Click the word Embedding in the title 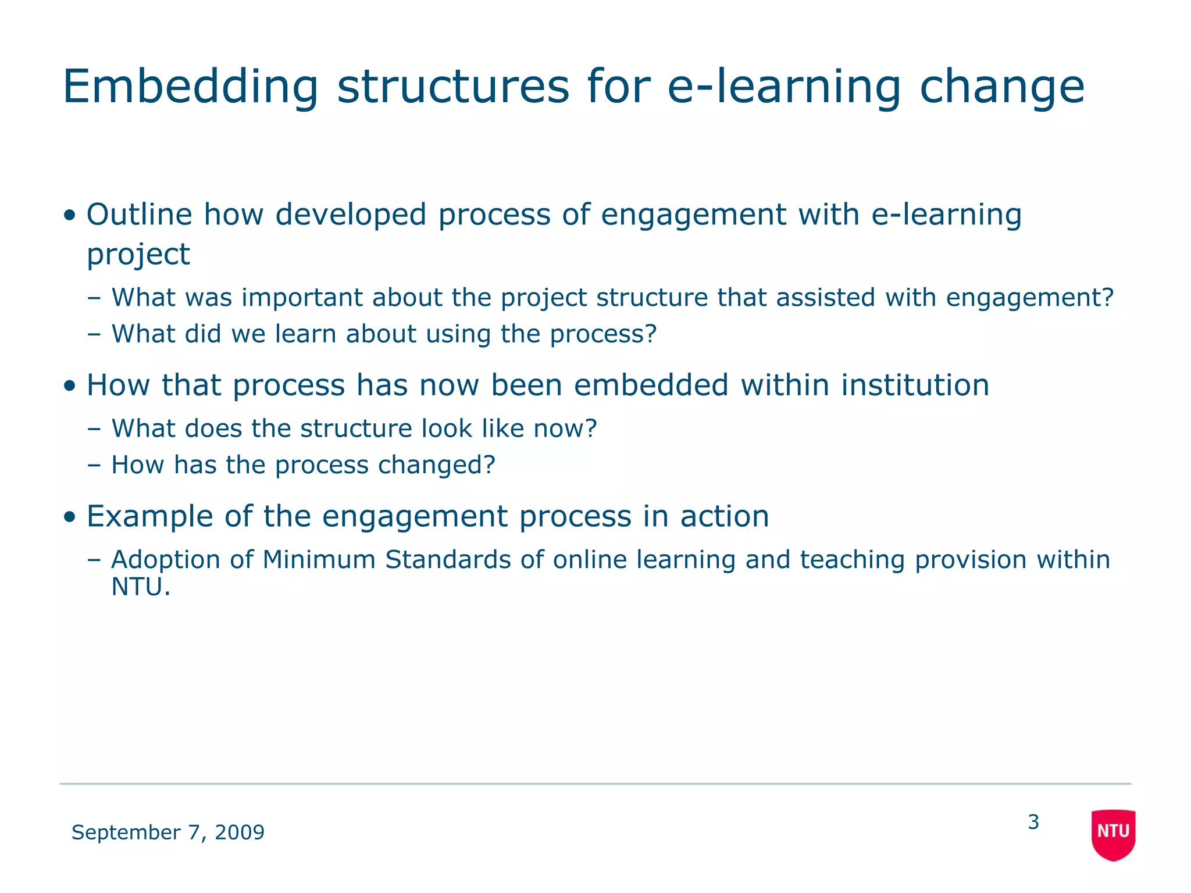click(x=190, y=87)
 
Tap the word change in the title click(x=1001, y=87)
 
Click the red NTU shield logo click(x=1113, y=834)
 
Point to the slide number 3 click(x=1033, y=822)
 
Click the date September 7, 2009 click(x=167, y=832)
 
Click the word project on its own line click(x=138, y=255)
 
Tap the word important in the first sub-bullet click(x=302, y=298)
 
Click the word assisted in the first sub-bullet click(x=825, y=298)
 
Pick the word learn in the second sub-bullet click(x=305, y=334)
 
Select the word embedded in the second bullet click(x=651, y=385)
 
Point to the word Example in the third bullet click(x=149, y=516)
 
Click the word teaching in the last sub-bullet click(x=852, y=560)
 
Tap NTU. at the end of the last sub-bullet click(x=141, y=587)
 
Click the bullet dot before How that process click(x=70, y=386)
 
